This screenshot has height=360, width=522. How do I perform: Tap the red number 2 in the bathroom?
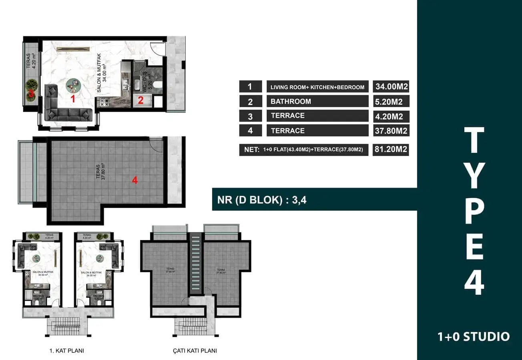(x=141, y=100)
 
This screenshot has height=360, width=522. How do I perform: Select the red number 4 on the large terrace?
(x=135, y=180)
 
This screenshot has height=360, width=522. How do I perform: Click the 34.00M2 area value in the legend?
(x=391, y=87)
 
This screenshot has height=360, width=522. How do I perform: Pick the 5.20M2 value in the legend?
(x=391, y=101)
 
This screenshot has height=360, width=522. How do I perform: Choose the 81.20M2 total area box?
(x=391, y=150)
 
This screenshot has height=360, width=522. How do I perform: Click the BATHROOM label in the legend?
(x=291, y=101)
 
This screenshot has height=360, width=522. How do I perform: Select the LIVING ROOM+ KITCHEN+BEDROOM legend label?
(x=317, y=87)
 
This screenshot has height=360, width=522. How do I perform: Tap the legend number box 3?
(x=250, y=116)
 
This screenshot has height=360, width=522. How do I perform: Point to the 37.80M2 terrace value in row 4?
(x=391, y=130)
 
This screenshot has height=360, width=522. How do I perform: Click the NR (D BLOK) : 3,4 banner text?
(x=262, y=200)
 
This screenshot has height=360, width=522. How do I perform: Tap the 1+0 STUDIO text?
(x=474, y=336)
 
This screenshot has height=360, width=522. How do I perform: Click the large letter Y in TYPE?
(x=474, y=175)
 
